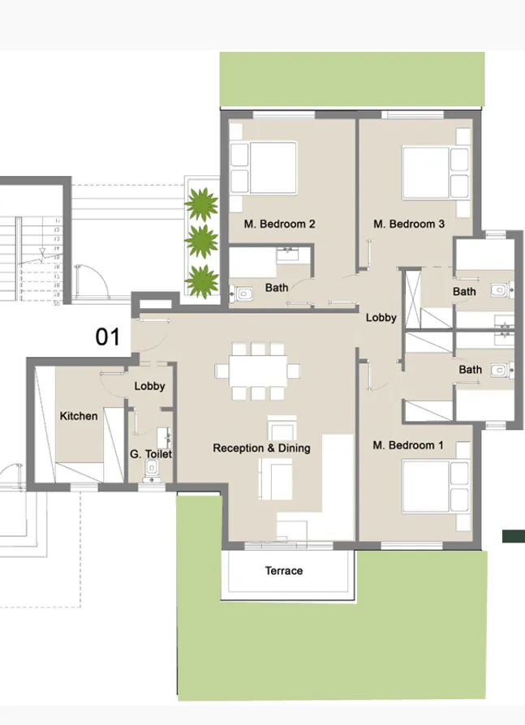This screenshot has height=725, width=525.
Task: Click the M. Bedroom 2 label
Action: pos(279,224)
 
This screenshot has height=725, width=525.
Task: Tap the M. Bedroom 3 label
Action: pos(408,224)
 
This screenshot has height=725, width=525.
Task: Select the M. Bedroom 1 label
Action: pos(408,445)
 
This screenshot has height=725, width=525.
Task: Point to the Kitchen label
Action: pos(79,416)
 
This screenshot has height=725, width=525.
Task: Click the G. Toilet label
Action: pos(151,454)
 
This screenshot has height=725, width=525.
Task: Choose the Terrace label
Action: pos(284,571)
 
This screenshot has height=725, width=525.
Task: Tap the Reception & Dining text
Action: pos(261,448)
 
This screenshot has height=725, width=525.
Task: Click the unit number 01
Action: pos(108,337)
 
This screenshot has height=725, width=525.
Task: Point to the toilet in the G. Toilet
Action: pos(151,470)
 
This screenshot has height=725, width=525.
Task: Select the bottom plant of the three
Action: pos(201,280)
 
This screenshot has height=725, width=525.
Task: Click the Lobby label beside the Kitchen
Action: pos(149,386)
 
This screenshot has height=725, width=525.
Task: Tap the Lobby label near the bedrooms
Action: pos(381,318)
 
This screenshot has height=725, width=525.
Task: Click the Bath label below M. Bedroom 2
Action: pos(277,287)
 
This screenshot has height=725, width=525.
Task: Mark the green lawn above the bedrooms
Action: pos(352,79)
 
